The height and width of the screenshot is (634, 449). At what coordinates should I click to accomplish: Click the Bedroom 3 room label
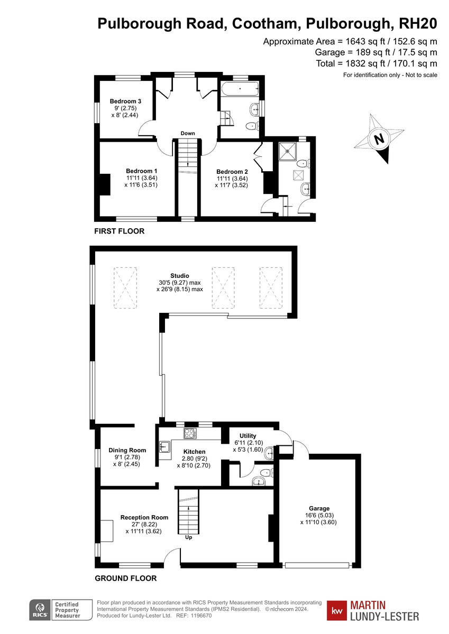click(x=125, y=101)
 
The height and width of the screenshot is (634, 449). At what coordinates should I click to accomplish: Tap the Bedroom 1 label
click(x=141, y=171)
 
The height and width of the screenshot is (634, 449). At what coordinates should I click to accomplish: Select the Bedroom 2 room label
click(x=232, y=172)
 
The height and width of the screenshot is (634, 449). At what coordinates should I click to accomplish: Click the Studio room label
click(x=179, y=276)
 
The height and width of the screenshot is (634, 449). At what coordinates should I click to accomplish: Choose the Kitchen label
click(x=194, y=452)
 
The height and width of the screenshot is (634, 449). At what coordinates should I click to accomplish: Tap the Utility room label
click(x=248, y=436)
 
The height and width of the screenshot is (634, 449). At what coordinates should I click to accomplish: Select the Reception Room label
click(x=144, y=517)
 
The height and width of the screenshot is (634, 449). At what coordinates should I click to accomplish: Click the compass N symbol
click(x=379, y=139)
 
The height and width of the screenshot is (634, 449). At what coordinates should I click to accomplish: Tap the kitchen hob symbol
click(x=190, y=434)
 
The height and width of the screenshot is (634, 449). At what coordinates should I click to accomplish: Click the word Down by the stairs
click(x=188, y=133)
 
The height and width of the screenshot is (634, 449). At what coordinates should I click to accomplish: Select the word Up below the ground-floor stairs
click(x=188, y=537)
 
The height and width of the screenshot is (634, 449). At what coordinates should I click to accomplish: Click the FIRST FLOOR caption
click(x=119, y=231)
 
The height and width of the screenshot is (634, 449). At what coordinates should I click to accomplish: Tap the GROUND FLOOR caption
click(x=125, y=578)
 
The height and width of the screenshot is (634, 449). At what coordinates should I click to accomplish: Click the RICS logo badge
click(x=39, y=610)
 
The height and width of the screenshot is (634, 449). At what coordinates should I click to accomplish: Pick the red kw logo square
click(x=337, y=611)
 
